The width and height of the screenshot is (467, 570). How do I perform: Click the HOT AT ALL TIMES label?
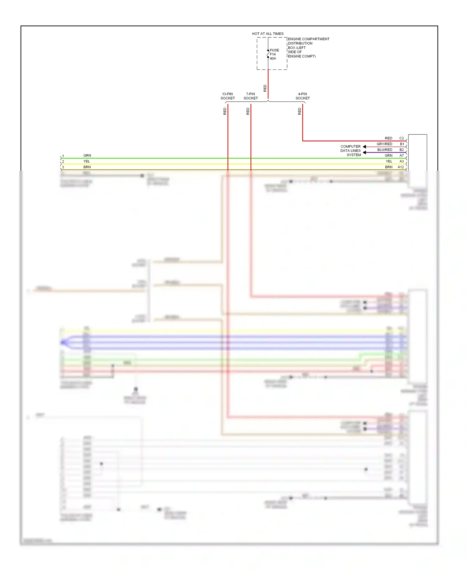(x=268, y=34)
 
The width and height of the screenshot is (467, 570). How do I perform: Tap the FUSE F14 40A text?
(x=274, y=54)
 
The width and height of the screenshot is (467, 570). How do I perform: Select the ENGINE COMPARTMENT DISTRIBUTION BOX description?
(x=308, y=48)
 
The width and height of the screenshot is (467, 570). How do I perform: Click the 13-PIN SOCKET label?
(x=228, y=96)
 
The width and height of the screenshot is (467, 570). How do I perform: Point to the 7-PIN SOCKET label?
(x=251, y=96)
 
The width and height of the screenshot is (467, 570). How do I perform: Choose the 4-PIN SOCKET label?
(x=303, y=96)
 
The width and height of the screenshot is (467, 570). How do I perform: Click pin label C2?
(x=402, y=138)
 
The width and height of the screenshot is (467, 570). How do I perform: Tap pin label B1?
(x=402, y=144)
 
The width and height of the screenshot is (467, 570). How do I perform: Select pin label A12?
(x=401, y=167)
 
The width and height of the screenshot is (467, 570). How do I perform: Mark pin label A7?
(x=402, y=156)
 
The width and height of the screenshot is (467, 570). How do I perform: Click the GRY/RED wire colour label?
(x=384, y=144)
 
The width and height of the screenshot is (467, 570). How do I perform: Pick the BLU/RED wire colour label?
(x=385, y=150)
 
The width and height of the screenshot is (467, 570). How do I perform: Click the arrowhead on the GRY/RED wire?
(x=364, y=147)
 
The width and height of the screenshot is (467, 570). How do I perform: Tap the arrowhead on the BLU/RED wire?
(x=364, y=152)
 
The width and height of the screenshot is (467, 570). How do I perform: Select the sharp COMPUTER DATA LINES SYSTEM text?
(x=351, y=151)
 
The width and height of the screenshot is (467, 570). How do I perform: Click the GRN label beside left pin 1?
(x=87, y=156)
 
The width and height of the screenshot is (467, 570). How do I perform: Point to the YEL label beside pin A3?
(x=389, y=162)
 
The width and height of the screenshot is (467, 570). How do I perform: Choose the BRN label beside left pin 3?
(x=87, y=167)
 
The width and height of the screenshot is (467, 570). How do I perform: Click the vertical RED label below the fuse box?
(x=265, y=88)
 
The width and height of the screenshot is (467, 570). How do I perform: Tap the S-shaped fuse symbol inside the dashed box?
(x=268, y=54)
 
